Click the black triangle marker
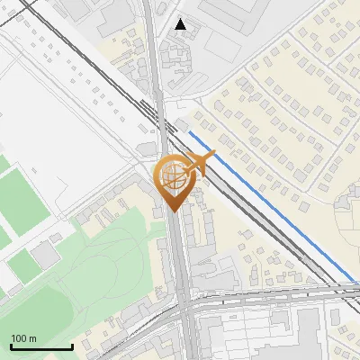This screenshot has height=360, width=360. click(x=182, y=24)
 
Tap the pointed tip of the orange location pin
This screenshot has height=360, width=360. click(x=173, y=210)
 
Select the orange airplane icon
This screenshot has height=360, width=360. click(x=200, y=163)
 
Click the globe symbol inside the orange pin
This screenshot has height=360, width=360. click(x=172, y=175)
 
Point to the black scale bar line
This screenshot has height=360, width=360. click(x=41, y=347)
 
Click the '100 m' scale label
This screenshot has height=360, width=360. click(x=23, y=338)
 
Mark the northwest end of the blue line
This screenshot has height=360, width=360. click(x=189, y=133)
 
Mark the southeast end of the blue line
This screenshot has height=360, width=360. click(x=353, y=280)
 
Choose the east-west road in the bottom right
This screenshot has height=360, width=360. click(x=288, y=293)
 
